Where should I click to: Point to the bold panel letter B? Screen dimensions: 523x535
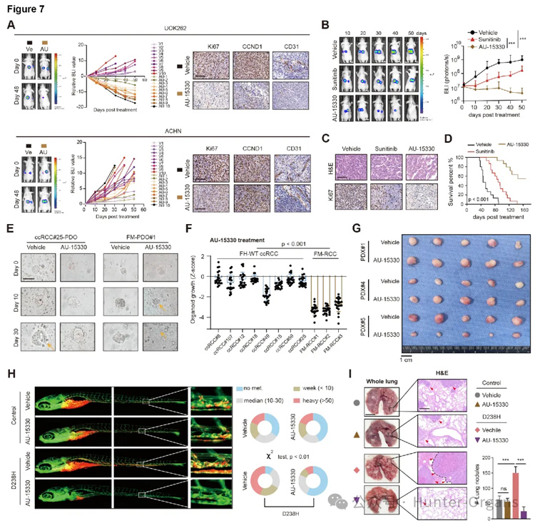[325, 26]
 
